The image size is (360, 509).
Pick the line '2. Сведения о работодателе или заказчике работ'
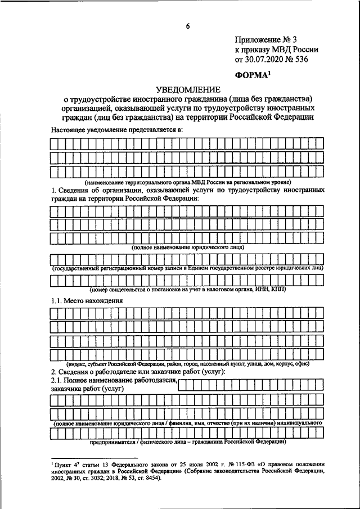[138, 373]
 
